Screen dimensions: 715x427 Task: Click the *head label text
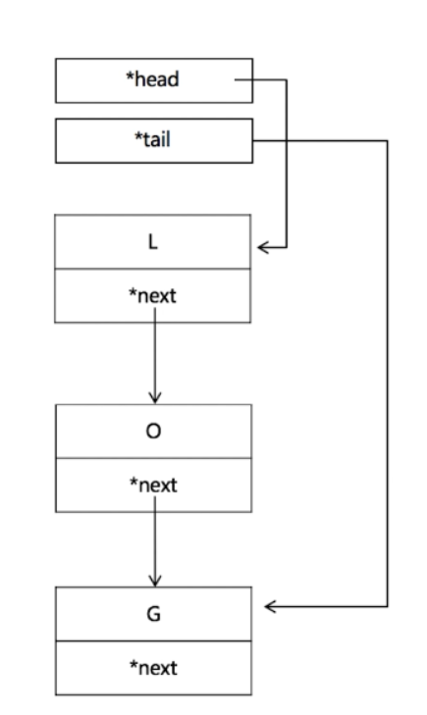coord(152,79)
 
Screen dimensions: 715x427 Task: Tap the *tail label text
coord(153,139)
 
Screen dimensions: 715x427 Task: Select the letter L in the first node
coord(153,242)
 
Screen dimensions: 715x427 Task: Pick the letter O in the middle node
coord(153,431)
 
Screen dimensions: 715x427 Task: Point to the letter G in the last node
coord(153,614)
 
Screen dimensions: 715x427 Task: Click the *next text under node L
coord(153,296)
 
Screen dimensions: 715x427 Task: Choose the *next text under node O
coord(153,485)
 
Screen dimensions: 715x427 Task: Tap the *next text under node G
coord(153,668)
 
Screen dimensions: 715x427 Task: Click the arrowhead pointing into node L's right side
coord(262,247)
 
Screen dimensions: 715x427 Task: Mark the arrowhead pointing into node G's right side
coord(271,607)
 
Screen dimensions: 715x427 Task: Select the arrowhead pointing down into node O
coord(154,397)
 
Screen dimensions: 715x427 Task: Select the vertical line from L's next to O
coord(154,358)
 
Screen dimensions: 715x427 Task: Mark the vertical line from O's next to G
coord(154,544)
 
